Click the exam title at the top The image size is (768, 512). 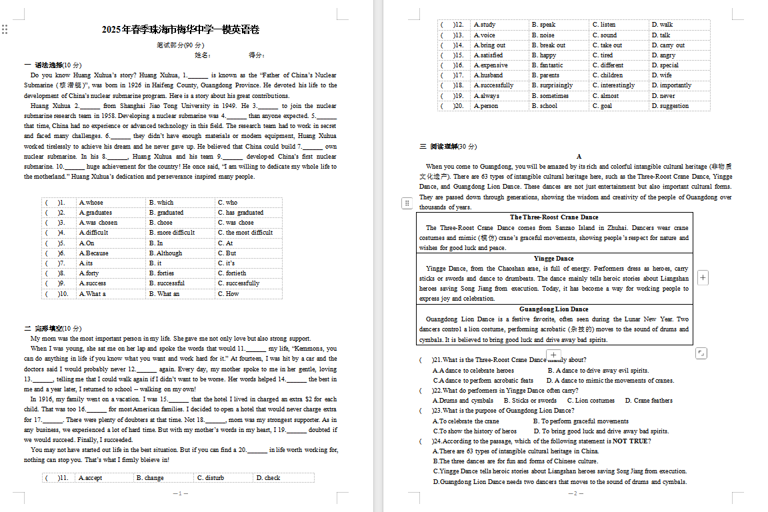click(x=180, y=29)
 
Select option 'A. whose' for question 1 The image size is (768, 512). click(x=91, y=203)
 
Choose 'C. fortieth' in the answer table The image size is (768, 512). click(x=232, y=273)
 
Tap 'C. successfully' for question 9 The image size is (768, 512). click(x=239, y=283)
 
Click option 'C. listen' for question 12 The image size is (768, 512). click(x=604, y=25)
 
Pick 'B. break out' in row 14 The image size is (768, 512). click(x=548, y=45)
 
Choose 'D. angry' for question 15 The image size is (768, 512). click(x=663, y=55)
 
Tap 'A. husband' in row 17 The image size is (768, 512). click(x=488, y=75)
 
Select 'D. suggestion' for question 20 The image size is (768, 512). click(x=670, y=106)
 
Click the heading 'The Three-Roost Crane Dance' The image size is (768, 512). click(x=554, y=217)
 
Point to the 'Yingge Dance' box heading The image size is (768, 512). click(x=554, y=259)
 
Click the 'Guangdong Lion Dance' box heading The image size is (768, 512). click(x=554, y=309)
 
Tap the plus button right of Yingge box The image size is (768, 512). click(x=703, y=277)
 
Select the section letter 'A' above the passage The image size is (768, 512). click(x=579, y=157)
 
